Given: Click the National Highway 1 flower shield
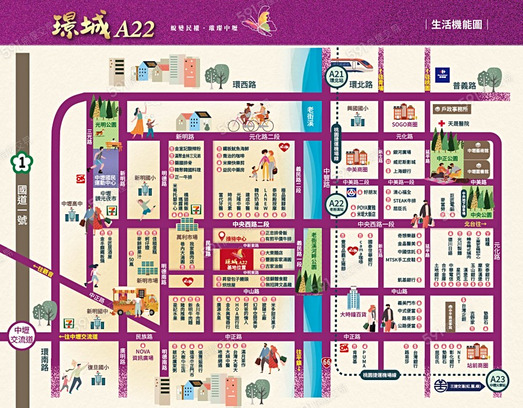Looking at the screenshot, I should (x=23, y=161).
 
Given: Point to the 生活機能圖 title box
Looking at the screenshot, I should (x=458, y=24).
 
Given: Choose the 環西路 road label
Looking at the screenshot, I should (x=243, y=85).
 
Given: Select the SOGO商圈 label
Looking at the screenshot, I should (x=404, y=124).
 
